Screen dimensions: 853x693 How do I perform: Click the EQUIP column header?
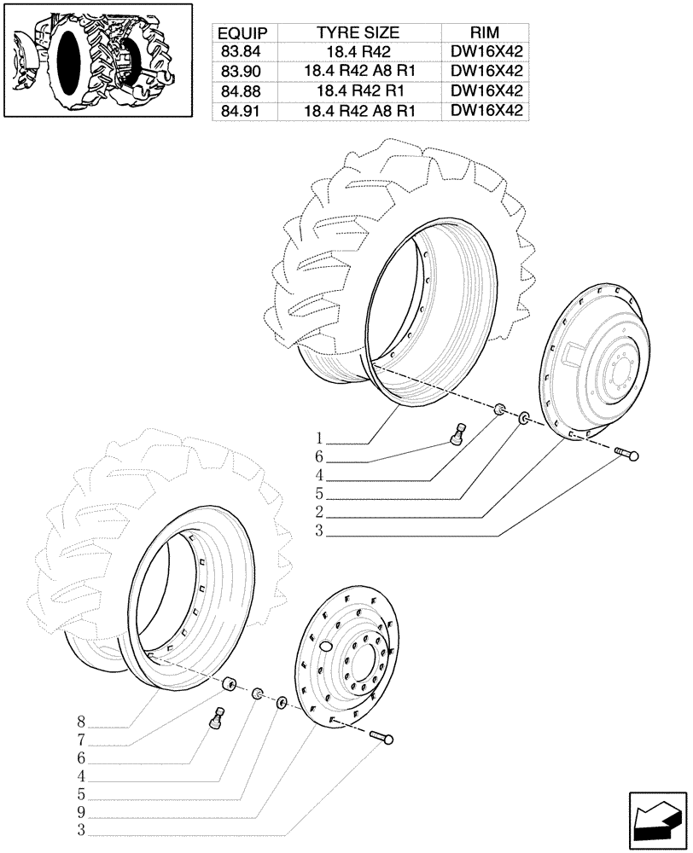242,33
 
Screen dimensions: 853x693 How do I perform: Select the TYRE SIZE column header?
358,33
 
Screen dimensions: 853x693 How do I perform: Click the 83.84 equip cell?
242,52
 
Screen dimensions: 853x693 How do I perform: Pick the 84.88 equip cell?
242,90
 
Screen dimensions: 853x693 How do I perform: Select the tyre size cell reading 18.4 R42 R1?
358,90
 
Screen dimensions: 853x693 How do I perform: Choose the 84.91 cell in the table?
242,110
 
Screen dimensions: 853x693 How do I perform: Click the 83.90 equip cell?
242,72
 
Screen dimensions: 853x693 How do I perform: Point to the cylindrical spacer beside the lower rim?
229,686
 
